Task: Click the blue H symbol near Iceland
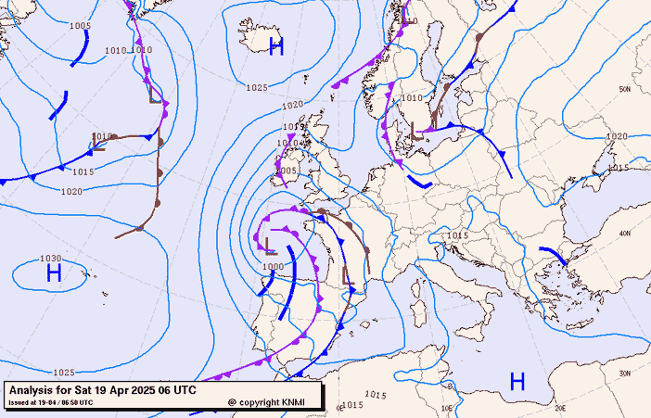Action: tap(275, 47)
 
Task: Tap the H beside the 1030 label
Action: tap(54, 272)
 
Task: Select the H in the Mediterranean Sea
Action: tap(517, 380)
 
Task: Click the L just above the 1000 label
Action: tap(270, 247)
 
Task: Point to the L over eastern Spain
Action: tap(348, 275)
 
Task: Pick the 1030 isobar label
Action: tap(50, 259)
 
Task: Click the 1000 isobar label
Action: tap(273, 266)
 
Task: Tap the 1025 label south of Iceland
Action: tap(257, 88)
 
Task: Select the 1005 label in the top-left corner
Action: tap(80, 26)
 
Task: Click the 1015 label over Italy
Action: tap(456, 236)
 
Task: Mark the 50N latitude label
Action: tap(625, 89)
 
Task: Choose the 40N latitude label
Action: tap(625, 234)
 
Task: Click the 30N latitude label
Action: tap(625, 373)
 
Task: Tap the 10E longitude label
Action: tap(446, 407)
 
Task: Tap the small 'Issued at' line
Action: tap(50, 402)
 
